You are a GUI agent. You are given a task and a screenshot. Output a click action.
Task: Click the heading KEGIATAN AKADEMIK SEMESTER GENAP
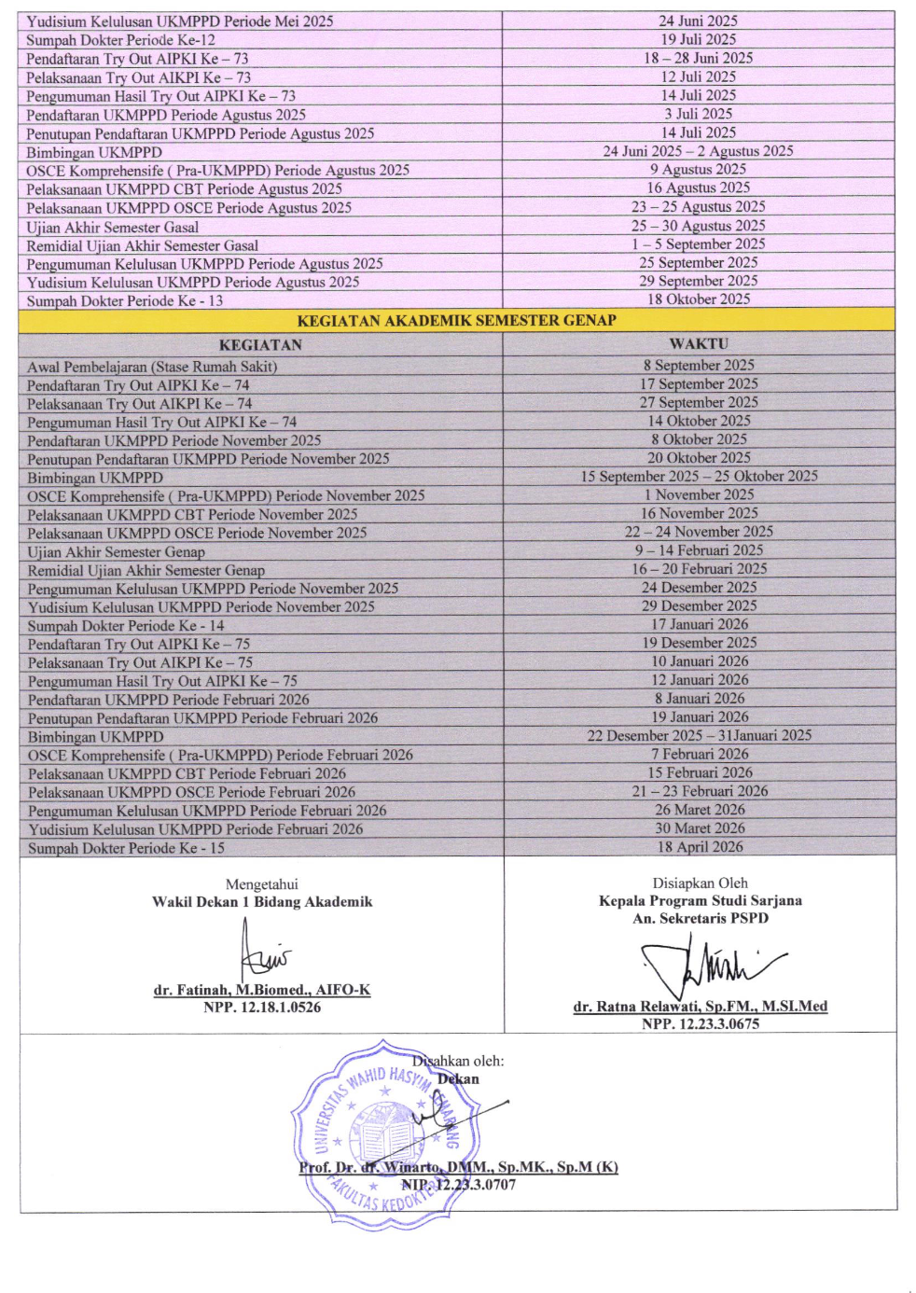pyautogui.click(x=456, y=320)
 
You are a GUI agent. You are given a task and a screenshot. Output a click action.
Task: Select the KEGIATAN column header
pyautogui.click(x=260, y=344)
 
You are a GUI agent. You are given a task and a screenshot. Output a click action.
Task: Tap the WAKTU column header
pyautogui.click(x=699, y=343)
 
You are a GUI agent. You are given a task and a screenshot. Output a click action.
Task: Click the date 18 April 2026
pyautogui.click(x=700, y=847)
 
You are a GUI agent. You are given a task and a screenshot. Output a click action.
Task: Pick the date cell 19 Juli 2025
pyautogui.click(x=698, y=39)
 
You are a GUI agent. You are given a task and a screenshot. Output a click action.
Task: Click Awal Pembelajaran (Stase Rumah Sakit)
pyautogui.click(x=152, y=367)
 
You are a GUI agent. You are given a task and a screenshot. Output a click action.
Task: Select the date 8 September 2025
pyautogui.click(x=699, y=365)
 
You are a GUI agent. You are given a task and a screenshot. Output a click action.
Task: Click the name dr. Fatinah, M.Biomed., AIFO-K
pyautogui.click(x=262, y=990)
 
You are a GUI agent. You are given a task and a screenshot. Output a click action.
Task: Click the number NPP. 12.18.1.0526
pyautogui.click(x=262, y=1008)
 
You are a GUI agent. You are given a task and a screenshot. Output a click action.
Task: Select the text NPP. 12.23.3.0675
pyautogui.click(x=701, y=1023)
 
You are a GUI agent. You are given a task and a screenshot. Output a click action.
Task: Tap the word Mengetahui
pyautogui.click(x=262, y=884)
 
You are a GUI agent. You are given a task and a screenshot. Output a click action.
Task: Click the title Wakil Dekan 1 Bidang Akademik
pyautogui.click(x=262, y=902)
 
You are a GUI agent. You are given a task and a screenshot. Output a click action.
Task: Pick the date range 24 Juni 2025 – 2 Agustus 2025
pyautogui.click(x=698, y=151)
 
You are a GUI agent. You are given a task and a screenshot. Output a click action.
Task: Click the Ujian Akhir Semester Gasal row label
pyautogui.click(x=112, y=227)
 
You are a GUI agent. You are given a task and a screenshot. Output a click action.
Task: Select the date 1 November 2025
pyautogui.click(x=699, y=494)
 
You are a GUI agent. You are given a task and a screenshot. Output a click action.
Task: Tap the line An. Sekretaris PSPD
pyautogui.click(x=701, y=918)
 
